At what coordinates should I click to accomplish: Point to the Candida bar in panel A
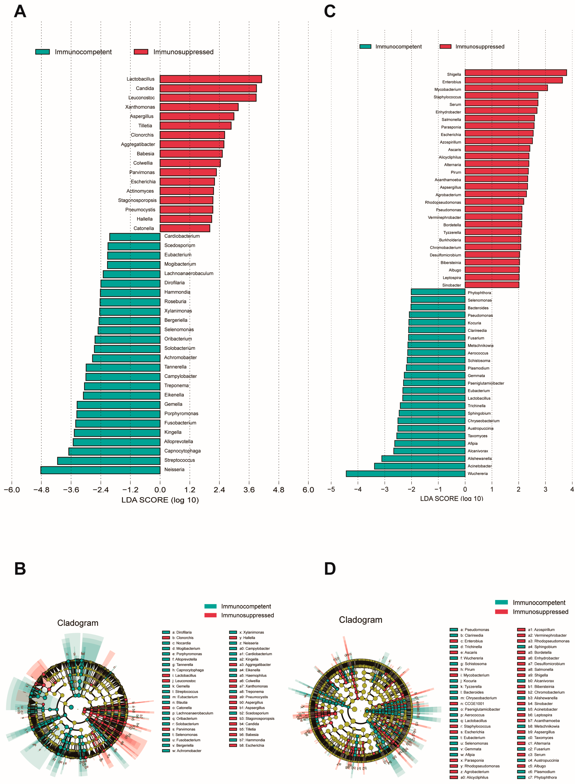[x=208, y=88]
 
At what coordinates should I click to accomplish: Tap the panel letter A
[x=20, y=12]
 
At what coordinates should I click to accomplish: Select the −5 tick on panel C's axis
[x=331, y=489]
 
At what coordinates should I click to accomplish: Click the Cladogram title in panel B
[x=78, y=623]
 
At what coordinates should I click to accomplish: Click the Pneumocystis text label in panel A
[x=140, y=210]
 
